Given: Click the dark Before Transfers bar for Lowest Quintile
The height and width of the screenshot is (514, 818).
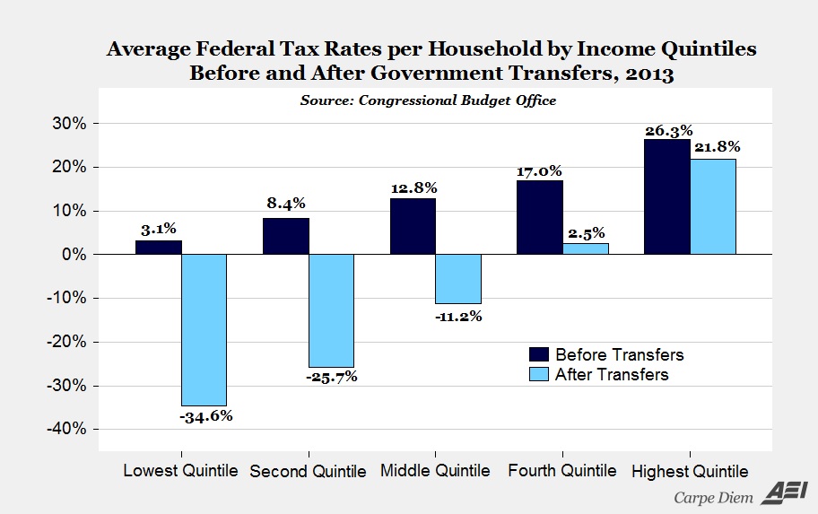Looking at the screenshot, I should point(159,248).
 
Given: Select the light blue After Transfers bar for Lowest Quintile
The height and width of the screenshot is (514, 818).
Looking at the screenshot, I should point(204,330).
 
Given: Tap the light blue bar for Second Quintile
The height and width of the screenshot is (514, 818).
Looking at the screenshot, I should point(331,311).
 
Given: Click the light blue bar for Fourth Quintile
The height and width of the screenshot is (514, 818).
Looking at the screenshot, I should point(586,249).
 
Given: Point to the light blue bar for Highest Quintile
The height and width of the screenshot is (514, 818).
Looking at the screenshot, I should point(714,207).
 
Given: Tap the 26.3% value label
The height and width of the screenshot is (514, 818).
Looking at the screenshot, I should point(668,131).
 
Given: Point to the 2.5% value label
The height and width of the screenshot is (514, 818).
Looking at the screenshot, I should point(586,234).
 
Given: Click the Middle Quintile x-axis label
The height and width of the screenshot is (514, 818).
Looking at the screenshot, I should point(435,471).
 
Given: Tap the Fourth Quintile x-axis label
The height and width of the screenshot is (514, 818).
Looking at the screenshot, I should point(562,471).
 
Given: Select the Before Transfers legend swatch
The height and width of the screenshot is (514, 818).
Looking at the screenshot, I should point(538,354).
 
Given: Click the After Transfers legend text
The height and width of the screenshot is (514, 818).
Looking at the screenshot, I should point(612,375).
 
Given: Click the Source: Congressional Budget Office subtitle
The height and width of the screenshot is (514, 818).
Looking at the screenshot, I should point(427,100).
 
